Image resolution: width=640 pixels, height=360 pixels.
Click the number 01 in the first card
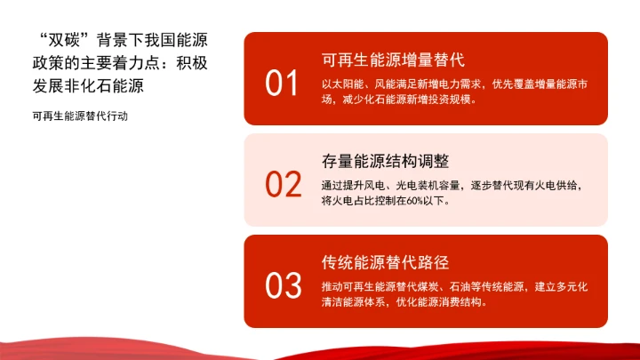pos(283,84)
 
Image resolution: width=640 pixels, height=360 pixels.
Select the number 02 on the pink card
pos(284,184)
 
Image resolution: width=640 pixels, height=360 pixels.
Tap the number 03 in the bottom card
pos(284,286)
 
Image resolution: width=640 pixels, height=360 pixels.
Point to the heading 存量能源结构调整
pos(385,162)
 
